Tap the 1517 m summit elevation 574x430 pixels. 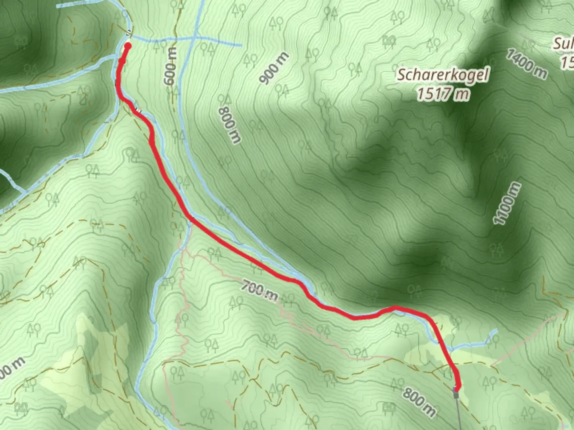point(442,95)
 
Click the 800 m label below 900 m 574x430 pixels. point(230,125)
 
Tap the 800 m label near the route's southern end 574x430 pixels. point(418,400)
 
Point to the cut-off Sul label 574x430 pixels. point(563,44)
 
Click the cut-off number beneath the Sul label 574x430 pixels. point(568,62)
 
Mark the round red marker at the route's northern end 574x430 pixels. point(128,46)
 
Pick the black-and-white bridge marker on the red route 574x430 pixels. point(138,108)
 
